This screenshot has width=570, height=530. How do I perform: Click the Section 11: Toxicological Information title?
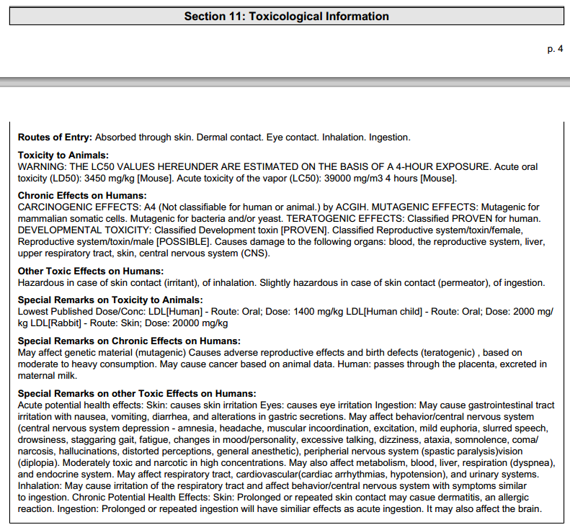point(286,16)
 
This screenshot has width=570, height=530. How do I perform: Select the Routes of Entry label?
point(55,137)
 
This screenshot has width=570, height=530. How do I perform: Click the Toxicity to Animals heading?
point(63,156)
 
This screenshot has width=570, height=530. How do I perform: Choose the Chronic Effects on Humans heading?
point(82,196)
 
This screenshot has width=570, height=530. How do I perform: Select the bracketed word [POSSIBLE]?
point(182,241)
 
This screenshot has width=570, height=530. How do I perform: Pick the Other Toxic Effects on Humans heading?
point(91,271)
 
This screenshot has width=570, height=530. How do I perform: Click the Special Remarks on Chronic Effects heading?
point(129,341)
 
